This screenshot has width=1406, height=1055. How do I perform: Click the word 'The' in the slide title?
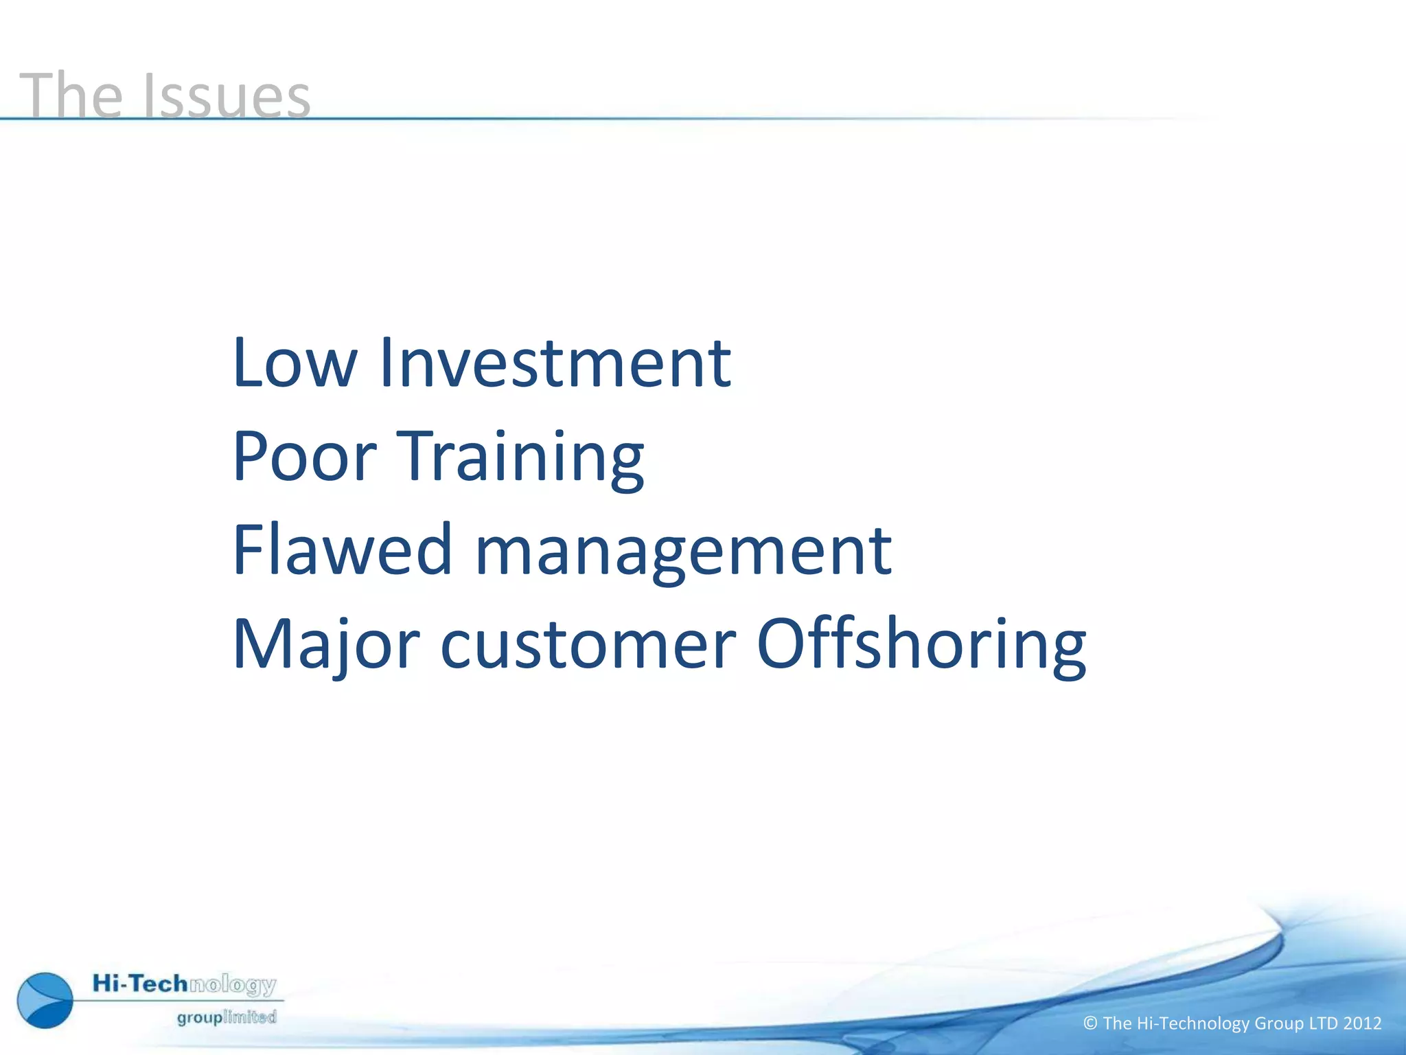pyautogui.click(x=71, y=95)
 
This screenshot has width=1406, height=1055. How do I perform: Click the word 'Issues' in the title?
pyautogui.click(x=227, y=95)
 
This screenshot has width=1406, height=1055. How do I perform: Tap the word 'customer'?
pyautogui.click(x=588, y=644)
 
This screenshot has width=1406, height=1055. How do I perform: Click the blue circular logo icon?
pyautogui.click(x=45, y=1000)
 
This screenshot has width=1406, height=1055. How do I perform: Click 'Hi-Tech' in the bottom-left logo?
pyautogui.click(x=140, y=984)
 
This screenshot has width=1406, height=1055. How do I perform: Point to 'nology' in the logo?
pyautogui.click(x=233, y=986)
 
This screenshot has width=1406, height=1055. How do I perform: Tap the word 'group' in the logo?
pyautogui.click(x=200, y=1018)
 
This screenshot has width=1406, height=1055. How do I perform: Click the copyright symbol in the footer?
pyautogui.click(x=1090, y=1023)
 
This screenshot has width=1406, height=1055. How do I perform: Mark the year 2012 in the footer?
pyautogui.click(x=1362, y=1023)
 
